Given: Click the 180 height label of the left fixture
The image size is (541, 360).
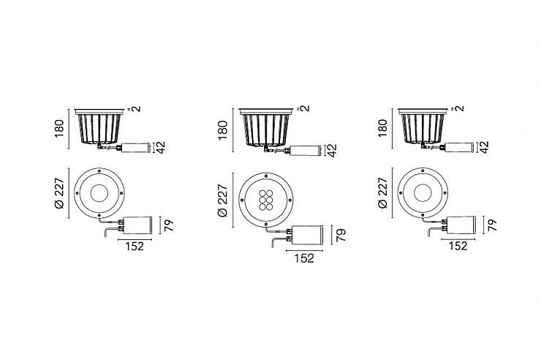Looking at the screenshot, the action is [60, 128].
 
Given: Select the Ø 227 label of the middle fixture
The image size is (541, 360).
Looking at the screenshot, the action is [223, 201].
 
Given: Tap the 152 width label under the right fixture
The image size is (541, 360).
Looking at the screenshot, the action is [458, 246].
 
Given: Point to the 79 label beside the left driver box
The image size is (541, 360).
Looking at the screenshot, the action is [169, 225].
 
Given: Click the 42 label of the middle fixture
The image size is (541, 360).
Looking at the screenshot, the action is [332, 150].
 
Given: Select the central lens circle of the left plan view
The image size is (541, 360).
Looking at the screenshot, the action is [99, 193].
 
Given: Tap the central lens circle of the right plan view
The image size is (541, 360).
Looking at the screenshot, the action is [423, 192].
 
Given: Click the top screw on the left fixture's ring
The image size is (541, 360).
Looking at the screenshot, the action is [99, 170].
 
